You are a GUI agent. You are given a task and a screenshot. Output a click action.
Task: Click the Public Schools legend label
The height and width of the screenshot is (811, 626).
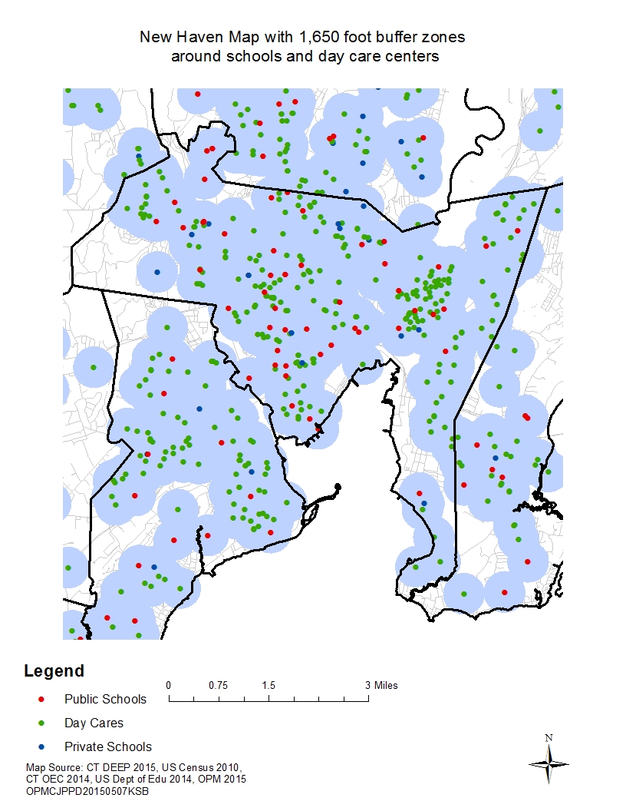tap(105, 699)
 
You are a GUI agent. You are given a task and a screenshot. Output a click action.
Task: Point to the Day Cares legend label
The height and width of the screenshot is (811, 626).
tap(94, 723)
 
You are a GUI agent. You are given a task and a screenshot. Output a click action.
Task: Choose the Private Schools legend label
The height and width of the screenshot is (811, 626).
tap(108, 746)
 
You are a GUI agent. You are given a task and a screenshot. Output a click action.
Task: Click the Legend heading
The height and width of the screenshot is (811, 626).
tap(54, 671)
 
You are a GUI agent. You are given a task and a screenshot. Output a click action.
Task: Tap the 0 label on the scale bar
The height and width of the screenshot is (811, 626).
tap(169, 685)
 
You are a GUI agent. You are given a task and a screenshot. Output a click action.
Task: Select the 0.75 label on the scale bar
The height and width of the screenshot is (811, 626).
tap(219, 685)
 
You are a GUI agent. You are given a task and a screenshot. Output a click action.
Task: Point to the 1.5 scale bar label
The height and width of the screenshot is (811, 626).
tap(269, 685)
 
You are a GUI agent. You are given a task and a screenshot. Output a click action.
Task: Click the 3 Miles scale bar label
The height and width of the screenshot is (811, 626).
tap(381, 685)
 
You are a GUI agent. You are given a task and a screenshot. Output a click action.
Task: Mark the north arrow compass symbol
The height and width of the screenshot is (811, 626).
tap(549, 763)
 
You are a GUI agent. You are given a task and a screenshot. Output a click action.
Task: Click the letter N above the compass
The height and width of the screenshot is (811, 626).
tap(549, 738)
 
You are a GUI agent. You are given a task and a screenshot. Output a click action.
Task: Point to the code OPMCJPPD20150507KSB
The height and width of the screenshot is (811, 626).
tap(87, 792)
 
